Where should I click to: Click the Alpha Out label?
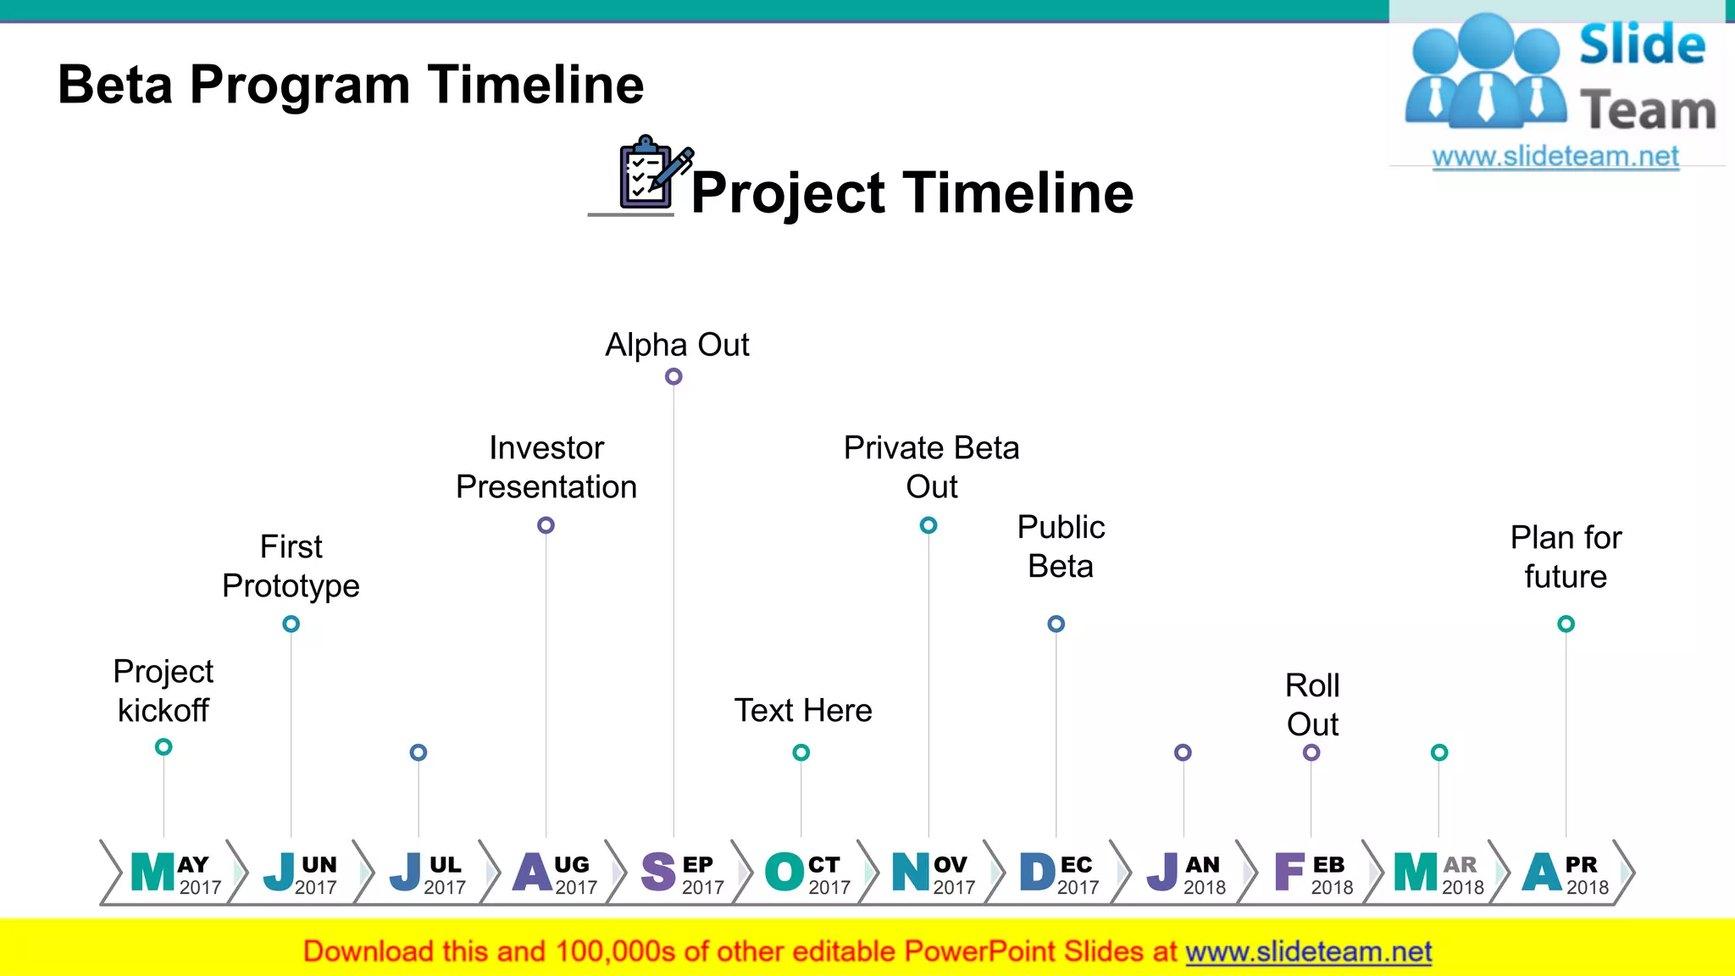coord(677,345)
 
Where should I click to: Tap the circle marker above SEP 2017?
coord(673,376)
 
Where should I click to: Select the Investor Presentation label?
coord(546,467)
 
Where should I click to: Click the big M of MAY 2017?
coord(152,872)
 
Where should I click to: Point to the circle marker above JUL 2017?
coord(419,752)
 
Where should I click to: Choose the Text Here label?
coord(802,710)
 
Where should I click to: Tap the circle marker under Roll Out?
coord(1311,752)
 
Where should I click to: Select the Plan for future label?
coord(1566,557)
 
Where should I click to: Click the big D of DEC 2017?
coord(1037,872)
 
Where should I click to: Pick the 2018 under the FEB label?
coord(1332,887)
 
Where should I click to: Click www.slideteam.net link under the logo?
coord(1555,156)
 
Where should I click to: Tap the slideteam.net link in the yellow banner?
coord(1308,951)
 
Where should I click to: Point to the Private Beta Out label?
coord(931,467)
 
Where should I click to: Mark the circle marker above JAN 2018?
coord(1183,752)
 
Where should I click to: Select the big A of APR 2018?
coord(1542,872)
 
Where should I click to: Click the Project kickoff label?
coord(163,690)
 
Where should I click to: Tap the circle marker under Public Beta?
coord(1056,624)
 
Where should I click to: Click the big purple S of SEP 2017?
coord(658,872)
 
